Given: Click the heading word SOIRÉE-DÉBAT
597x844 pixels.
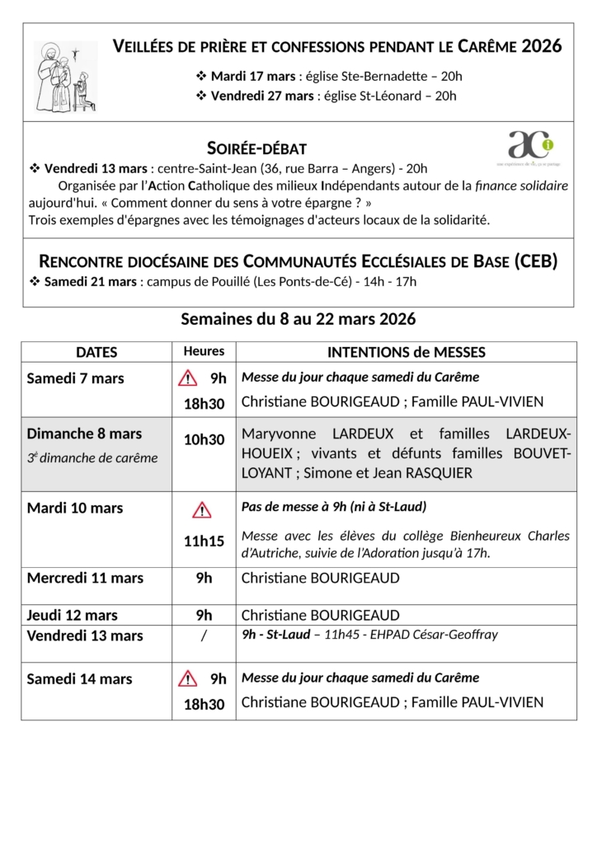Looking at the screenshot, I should [256, 148].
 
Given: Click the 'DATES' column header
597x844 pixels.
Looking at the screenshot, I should [96, 352].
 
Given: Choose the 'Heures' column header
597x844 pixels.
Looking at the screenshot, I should [204, 351].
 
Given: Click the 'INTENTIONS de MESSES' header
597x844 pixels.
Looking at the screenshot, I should [406, 352].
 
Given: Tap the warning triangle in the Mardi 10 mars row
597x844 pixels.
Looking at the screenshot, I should [202, 510].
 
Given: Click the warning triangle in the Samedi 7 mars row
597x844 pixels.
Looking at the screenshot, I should [189, 379].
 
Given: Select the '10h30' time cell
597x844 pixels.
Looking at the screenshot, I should [204, 440].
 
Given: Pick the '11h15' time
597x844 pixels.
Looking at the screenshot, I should [204, 542].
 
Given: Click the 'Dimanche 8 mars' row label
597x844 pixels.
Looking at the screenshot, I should [84, 434].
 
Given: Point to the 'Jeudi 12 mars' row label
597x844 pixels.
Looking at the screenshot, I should [72, 615].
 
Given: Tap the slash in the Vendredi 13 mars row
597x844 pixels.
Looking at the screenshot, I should [204, 635].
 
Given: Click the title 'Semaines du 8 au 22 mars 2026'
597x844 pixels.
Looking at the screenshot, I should [298, 319].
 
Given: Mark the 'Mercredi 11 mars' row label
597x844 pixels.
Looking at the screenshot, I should [85, 578].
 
